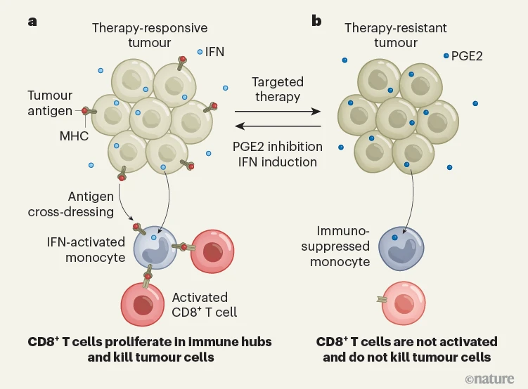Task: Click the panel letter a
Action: click(32, 20)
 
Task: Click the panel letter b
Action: click(316, 20)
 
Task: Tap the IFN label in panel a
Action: click(214, 52)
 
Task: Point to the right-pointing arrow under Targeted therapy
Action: click(278, 111)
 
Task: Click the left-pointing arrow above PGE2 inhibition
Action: click(278, 126)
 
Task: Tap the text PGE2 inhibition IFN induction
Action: click(278, 154)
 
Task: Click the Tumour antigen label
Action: click(50, 103)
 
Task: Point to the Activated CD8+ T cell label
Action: click(204, 304)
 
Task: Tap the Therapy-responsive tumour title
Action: click(149, 35)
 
